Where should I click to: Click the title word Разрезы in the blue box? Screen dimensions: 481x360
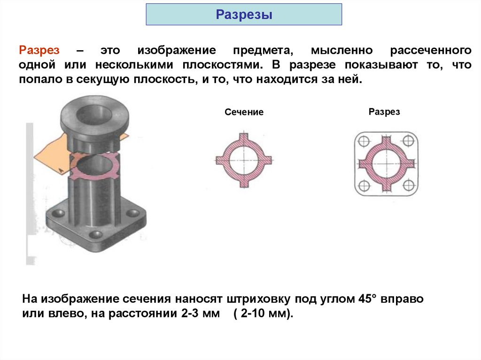244,15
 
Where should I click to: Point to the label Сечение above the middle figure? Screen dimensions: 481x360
244,112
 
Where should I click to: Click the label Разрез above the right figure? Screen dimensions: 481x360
384,112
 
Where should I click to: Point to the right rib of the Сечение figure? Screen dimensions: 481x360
266,160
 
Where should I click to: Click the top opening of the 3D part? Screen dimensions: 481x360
94,114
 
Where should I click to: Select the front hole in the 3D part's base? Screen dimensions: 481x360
96,234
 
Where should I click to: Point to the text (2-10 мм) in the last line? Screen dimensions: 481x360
263,314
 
